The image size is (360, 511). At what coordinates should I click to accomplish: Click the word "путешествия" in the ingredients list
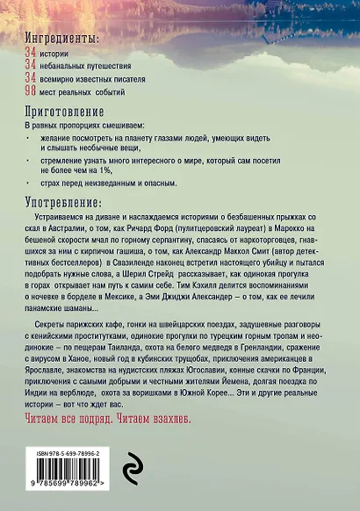[x=122, y=66]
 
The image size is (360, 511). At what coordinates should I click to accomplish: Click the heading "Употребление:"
[x=65, y=201]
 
